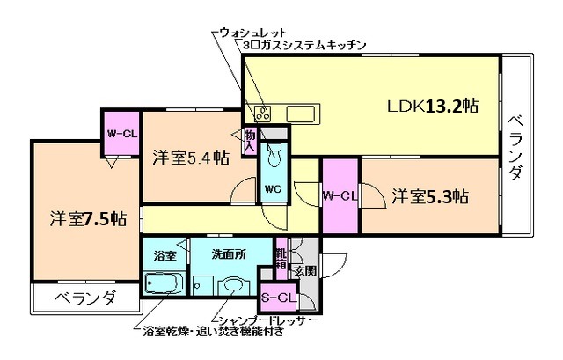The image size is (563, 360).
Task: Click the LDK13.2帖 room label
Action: click(433, 107)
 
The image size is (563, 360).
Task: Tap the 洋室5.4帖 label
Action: click(191, 158)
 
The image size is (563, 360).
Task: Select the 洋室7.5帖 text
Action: click(86, 217)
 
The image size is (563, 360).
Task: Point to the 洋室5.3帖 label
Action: click(429, 195)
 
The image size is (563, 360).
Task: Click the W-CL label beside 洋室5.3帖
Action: click(340, 195)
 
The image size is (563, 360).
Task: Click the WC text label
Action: click(274, 188)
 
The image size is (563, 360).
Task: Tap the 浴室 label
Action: click(165, 254)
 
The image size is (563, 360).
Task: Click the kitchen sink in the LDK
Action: click(304, 113)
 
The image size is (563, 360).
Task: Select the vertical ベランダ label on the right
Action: click(515, 148)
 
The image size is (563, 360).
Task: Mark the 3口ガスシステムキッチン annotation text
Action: click(298, 44)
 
